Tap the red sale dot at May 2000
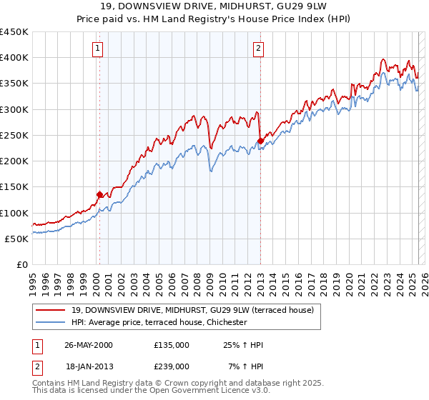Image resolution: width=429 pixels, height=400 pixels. coord(99,194)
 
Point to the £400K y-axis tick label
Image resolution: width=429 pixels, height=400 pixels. coord(14,58)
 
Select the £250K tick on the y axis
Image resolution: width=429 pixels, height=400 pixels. coord(14,135)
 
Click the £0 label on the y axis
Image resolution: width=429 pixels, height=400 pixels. coord(21,264)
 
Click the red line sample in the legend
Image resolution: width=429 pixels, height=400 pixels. coord(51,311)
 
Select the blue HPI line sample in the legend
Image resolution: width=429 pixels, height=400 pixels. coord(51,323)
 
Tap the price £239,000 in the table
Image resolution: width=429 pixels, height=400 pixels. coord(172,366)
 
